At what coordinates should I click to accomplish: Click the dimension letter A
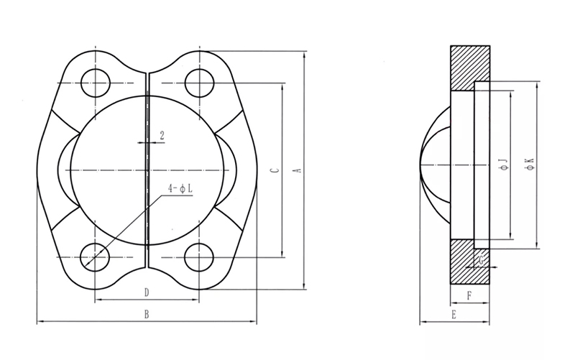[x=298, y=170]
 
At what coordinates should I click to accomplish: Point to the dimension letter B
[x=147, y=314]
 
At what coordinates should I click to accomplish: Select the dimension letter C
[x=276, y=170]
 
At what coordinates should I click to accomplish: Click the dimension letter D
[x=147, y=292]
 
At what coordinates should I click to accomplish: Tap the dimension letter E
[x=454, y=314]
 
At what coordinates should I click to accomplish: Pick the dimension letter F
[x=469, y=295]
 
